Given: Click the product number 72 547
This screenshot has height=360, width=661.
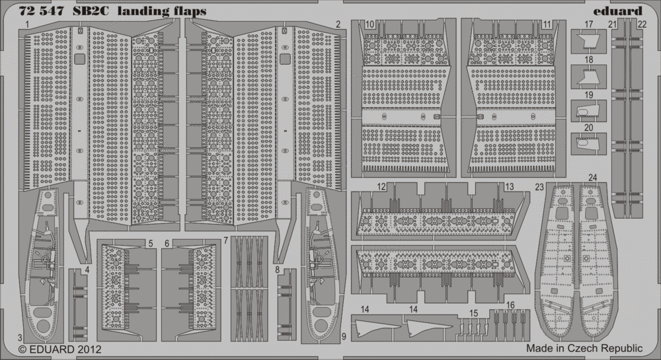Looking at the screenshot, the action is click(x=41, y=11).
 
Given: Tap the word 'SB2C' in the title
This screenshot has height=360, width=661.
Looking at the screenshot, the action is click(x=90, y=11).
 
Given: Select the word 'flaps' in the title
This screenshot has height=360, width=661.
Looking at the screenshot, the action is click(x=190, y=11).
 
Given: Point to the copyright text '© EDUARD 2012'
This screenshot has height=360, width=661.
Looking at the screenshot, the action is click(x=60, y=349).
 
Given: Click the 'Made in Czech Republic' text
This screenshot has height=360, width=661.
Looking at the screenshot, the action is click(x=584, y=348).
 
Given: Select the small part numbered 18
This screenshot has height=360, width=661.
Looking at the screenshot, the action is click(x=589, y=77).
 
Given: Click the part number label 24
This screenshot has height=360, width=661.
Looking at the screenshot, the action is click(x=593, y=178).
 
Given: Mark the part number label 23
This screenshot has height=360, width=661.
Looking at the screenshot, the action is click(x=539, y=188).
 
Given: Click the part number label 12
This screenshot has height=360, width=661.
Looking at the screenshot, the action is click(x=381, y=186).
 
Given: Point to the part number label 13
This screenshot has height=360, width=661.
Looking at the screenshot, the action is click(x=509, y=186).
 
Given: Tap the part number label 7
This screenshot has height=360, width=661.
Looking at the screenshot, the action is click(x=226, y=240).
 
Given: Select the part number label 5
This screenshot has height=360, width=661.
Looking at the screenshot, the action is click(x=151, y=243).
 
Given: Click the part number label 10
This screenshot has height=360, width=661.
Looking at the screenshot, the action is click(x=369, y=24).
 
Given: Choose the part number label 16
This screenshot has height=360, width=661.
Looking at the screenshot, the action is click(x=510, y=305).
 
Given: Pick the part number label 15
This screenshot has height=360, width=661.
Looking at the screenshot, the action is click(x=474, y=314).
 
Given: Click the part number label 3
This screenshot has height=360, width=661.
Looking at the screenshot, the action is click(x=20, y=338).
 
